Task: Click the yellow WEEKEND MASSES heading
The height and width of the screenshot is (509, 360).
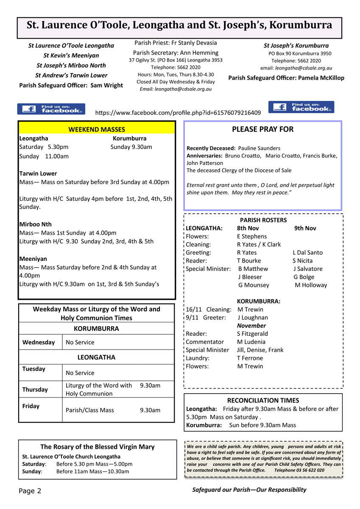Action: (97, 129)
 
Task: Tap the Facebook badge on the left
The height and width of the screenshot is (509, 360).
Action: (51, 109)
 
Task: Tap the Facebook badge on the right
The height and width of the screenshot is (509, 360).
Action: (301, 107)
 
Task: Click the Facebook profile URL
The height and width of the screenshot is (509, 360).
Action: (178, 113)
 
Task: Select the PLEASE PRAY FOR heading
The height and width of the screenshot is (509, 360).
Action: (262, 129)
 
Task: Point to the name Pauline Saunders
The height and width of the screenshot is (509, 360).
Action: (259, 148)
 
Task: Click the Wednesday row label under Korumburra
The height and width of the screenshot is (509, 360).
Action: (39, 342)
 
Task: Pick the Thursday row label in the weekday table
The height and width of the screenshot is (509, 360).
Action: (35, 389)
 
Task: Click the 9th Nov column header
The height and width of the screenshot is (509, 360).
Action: (305, 228)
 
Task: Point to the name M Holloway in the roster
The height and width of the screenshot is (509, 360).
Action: (311, 285)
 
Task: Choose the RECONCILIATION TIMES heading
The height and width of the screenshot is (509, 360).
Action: (263, 400)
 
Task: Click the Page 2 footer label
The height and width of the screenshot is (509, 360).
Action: (30, 491)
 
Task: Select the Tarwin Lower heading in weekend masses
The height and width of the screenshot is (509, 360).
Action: (38, 173)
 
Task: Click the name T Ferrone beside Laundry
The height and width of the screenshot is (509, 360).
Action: (250, 358)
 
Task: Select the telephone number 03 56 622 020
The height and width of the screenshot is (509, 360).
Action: (308, 470)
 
